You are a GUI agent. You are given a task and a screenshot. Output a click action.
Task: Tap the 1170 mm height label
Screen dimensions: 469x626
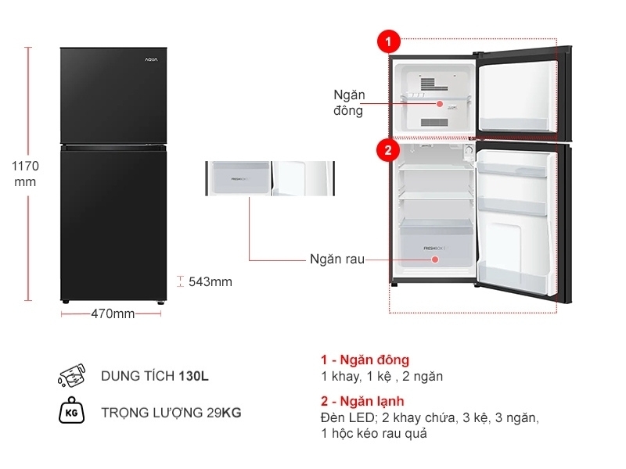[x=25, y=174]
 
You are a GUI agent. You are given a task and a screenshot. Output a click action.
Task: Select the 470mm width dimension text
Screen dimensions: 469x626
[x=113, y=314]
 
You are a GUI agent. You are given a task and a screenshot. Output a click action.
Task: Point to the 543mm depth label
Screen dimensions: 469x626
[x=210, y=282]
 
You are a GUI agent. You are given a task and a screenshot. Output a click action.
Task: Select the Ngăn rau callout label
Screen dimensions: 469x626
[x=336, y=259]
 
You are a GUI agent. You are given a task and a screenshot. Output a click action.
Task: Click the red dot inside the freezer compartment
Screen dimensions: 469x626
[x=440, y=102]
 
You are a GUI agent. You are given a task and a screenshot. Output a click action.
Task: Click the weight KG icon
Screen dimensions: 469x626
[x=71, y=412]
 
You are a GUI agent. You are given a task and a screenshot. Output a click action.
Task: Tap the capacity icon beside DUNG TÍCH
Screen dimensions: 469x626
[x=71, y=376]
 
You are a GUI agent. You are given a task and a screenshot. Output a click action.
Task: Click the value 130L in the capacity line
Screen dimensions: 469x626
[x=193, y=376]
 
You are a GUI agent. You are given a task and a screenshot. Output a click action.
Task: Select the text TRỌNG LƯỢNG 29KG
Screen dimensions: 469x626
[x=171, y=412]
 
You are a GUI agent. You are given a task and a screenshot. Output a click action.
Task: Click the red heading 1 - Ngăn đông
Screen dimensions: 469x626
[x=365, y=360]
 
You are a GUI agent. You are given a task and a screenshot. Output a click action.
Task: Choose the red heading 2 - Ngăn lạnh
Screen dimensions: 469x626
[x=362, y=402]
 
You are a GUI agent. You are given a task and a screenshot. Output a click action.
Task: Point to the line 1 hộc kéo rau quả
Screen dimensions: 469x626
[x=373, y=433]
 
